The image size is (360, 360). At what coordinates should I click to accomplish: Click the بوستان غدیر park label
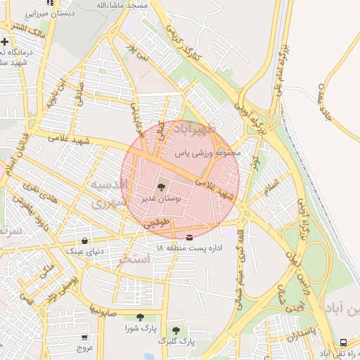[162, 199]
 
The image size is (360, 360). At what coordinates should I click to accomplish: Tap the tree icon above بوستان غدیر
[162, 188]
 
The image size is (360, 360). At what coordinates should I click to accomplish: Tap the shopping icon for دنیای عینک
[85, 240]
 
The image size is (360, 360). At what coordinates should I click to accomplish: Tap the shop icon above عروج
[85, 337]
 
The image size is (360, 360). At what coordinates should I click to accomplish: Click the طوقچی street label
[157, 224]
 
